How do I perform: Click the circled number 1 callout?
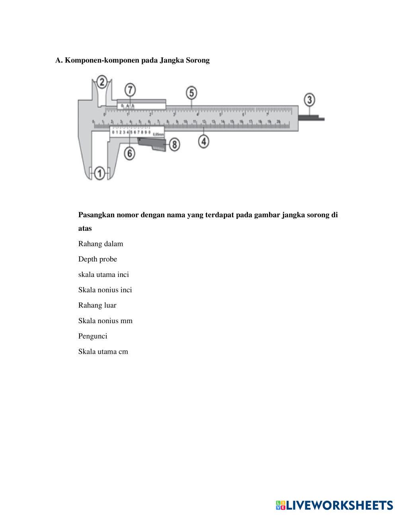tap(100, 173)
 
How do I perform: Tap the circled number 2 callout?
tap(102, 82)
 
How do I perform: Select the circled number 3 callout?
tap(309, 99)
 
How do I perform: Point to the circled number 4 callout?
tap(204, 141)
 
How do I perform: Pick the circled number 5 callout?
tap(191, 93)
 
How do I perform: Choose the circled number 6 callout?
tap(129, 153)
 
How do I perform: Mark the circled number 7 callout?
tap(130, 90)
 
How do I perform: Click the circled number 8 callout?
tap(174, 144)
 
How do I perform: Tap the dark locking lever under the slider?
tap(152, 144)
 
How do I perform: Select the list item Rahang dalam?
tap(101, 244)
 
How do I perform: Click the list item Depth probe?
tap(98, 259)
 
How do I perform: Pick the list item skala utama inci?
tap(103, 275)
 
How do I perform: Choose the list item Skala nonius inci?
tap(105, 290)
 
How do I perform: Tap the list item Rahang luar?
tap(97, 305)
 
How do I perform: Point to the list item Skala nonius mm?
tap(105, 321)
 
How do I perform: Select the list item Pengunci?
tap(93, 336)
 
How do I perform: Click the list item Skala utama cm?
tap(103, 351)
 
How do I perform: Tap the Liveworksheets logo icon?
tap(281, 505)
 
